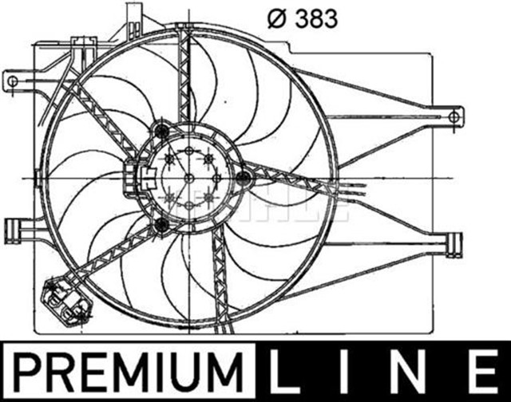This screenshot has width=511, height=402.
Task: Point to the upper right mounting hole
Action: point(454,117)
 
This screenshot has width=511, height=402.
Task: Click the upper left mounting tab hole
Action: point(12,79)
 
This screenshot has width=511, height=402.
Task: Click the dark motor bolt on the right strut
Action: point(244,177)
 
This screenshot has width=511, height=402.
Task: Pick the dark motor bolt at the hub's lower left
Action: point(162,225)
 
